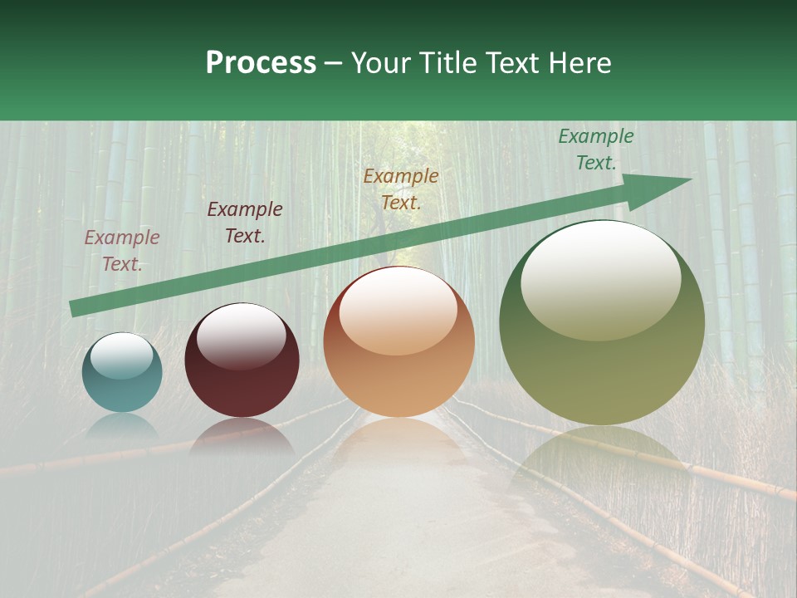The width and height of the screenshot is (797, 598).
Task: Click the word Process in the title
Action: click(x=261, y=63)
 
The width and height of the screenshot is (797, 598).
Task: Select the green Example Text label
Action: click(x=595, y=149)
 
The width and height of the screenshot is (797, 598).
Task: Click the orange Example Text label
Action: click(x=401, y=189)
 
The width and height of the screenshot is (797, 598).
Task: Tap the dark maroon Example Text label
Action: click(x=245, y=223)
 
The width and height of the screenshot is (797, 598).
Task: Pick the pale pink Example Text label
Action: click(x=122, y=251)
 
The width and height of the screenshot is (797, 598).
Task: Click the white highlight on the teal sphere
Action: click(x=121, y=356)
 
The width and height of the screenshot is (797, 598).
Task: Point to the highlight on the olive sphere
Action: click(x=600, y=278)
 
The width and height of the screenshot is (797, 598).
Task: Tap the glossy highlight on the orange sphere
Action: click(x=398, y=311)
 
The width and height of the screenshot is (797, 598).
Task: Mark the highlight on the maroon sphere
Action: click(x=241, y=335)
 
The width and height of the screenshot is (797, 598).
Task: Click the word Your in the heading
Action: click(x=379, y=63)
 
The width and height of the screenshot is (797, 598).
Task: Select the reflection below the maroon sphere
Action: click(x=242, y=436)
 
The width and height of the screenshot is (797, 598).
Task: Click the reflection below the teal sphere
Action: click(x=122, y=425)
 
